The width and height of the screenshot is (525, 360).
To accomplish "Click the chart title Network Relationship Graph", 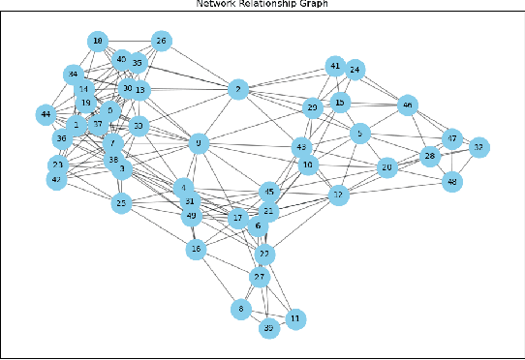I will (x=262, y=4).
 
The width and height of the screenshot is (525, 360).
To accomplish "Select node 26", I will (x=162, y=41).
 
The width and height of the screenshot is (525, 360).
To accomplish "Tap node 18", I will (x=98, y=41).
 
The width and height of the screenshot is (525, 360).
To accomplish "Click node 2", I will (x=236, y=90).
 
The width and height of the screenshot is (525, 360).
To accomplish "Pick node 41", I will (x=335, y=67).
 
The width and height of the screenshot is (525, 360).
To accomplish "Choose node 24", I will (x=355, y=70).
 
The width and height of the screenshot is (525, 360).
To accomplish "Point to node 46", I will (x=408, y=105).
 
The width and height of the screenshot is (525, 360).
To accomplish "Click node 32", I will (x=478, y=147).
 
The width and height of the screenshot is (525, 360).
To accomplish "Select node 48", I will (x=450, y=181).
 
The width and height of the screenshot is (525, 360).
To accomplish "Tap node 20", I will (x=387, y=167).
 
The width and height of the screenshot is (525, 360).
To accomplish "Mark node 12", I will (x=338, y=195).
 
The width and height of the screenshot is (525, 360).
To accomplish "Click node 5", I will (x=360, y=134).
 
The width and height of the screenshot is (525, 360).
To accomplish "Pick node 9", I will (x=199, y=143).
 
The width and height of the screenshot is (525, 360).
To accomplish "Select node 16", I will (x=197, y=250).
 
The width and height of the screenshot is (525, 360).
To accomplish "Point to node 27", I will (x=260, y=277).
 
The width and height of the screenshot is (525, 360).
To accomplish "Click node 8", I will (x=240, y=310).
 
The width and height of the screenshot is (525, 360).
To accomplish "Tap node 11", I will (x=296, y=317).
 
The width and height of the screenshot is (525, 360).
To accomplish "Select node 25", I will (x=121, y=203).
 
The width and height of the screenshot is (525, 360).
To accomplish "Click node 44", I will (x=45, y=115).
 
